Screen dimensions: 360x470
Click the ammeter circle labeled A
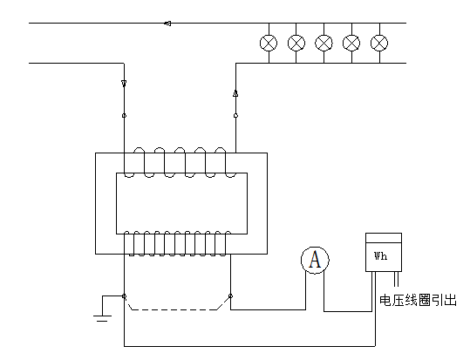[317, 259]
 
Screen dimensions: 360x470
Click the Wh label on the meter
[381, 257]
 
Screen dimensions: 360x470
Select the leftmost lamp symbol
[269, 43]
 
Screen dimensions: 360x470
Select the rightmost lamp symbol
[378, 43]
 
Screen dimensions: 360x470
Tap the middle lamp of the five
[324, 43]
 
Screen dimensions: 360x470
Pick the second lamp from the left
[296, 43]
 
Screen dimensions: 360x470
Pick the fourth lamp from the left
[351, 43]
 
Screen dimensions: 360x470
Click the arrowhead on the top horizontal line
[167, 24]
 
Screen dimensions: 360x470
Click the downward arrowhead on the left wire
[124, 84]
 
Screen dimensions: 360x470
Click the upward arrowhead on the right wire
[235, 91]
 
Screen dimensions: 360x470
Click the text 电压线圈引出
[419, 301]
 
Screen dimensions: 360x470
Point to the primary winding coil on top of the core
[178, 162]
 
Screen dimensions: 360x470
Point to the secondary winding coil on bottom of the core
[178, 243]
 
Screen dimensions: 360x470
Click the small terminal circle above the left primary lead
[124, 115]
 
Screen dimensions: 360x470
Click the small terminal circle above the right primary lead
[235, 115]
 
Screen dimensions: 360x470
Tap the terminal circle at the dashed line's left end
[124, 297]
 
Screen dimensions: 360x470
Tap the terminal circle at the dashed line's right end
[230, 297]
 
